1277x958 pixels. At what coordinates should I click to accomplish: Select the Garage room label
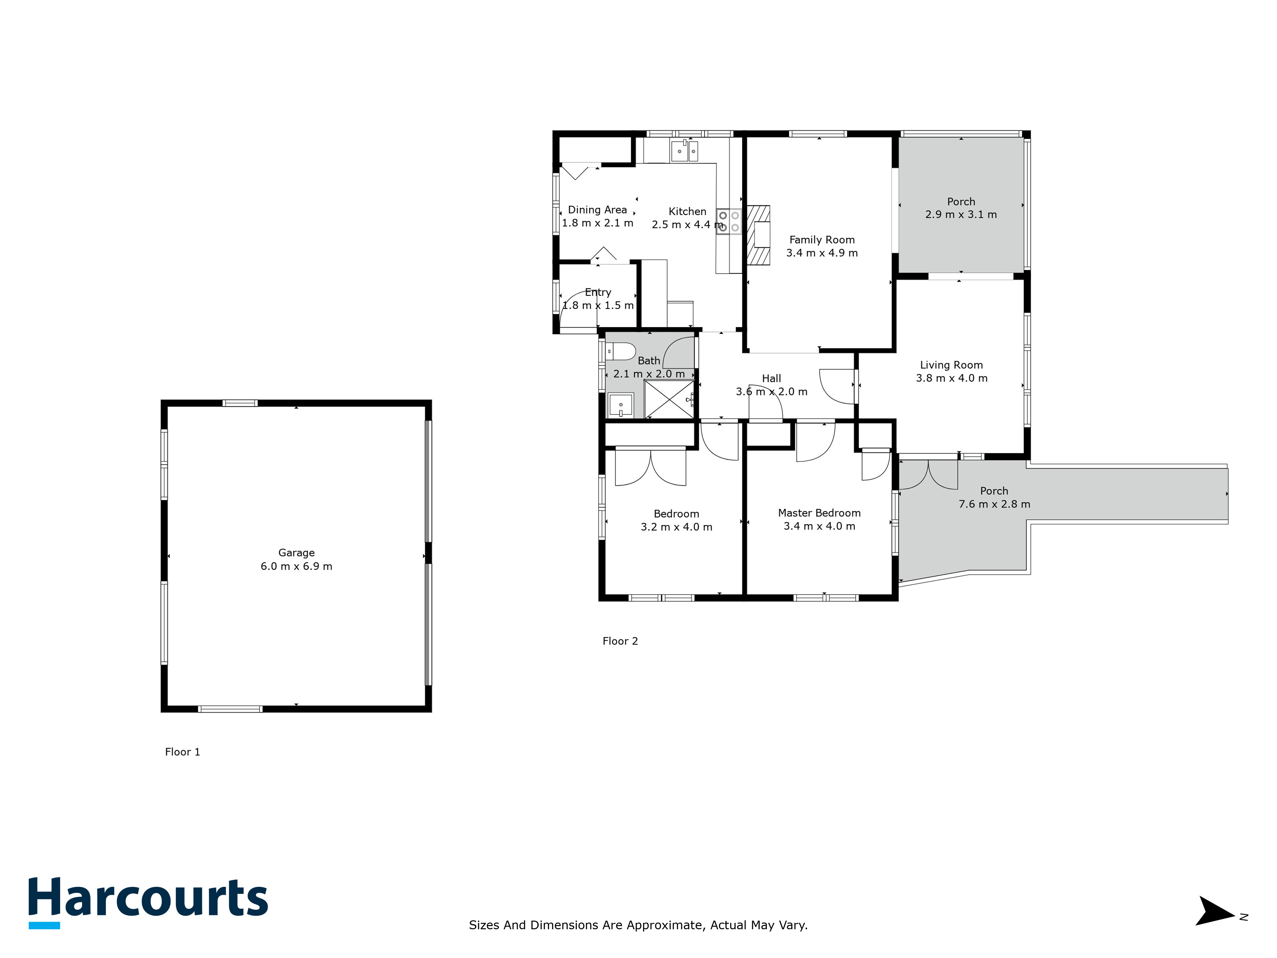pyautogui.click(x=296, y=553)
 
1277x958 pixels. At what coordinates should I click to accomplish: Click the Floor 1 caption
pyautogui.click(x=182, y=752)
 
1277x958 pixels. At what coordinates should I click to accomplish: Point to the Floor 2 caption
pyautogui.click(x=620, y=641)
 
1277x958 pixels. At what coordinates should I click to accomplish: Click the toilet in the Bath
pyautogui.click(x=622, y=351)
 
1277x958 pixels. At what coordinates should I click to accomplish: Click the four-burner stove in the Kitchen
pyautogui.click(x=729, y=222)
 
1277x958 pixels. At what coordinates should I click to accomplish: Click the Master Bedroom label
pyautogui.click(x=819, y=513)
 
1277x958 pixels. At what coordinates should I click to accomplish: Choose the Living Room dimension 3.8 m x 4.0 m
pyautogui.click(x=951, y=378)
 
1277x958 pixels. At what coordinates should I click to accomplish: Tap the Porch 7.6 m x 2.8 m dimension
pyautogui.click(x=994, y=504)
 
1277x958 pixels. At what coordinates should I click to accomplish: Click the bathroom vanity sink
pyautogui.click(x=621, y=405)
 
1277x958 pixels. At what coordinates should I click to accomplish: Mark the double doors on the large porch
pyautogui.click(x=928, y=475)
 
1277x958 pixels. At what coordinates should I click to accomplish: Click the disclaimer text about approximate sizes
pyautogui.click(x=638, y=925)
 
